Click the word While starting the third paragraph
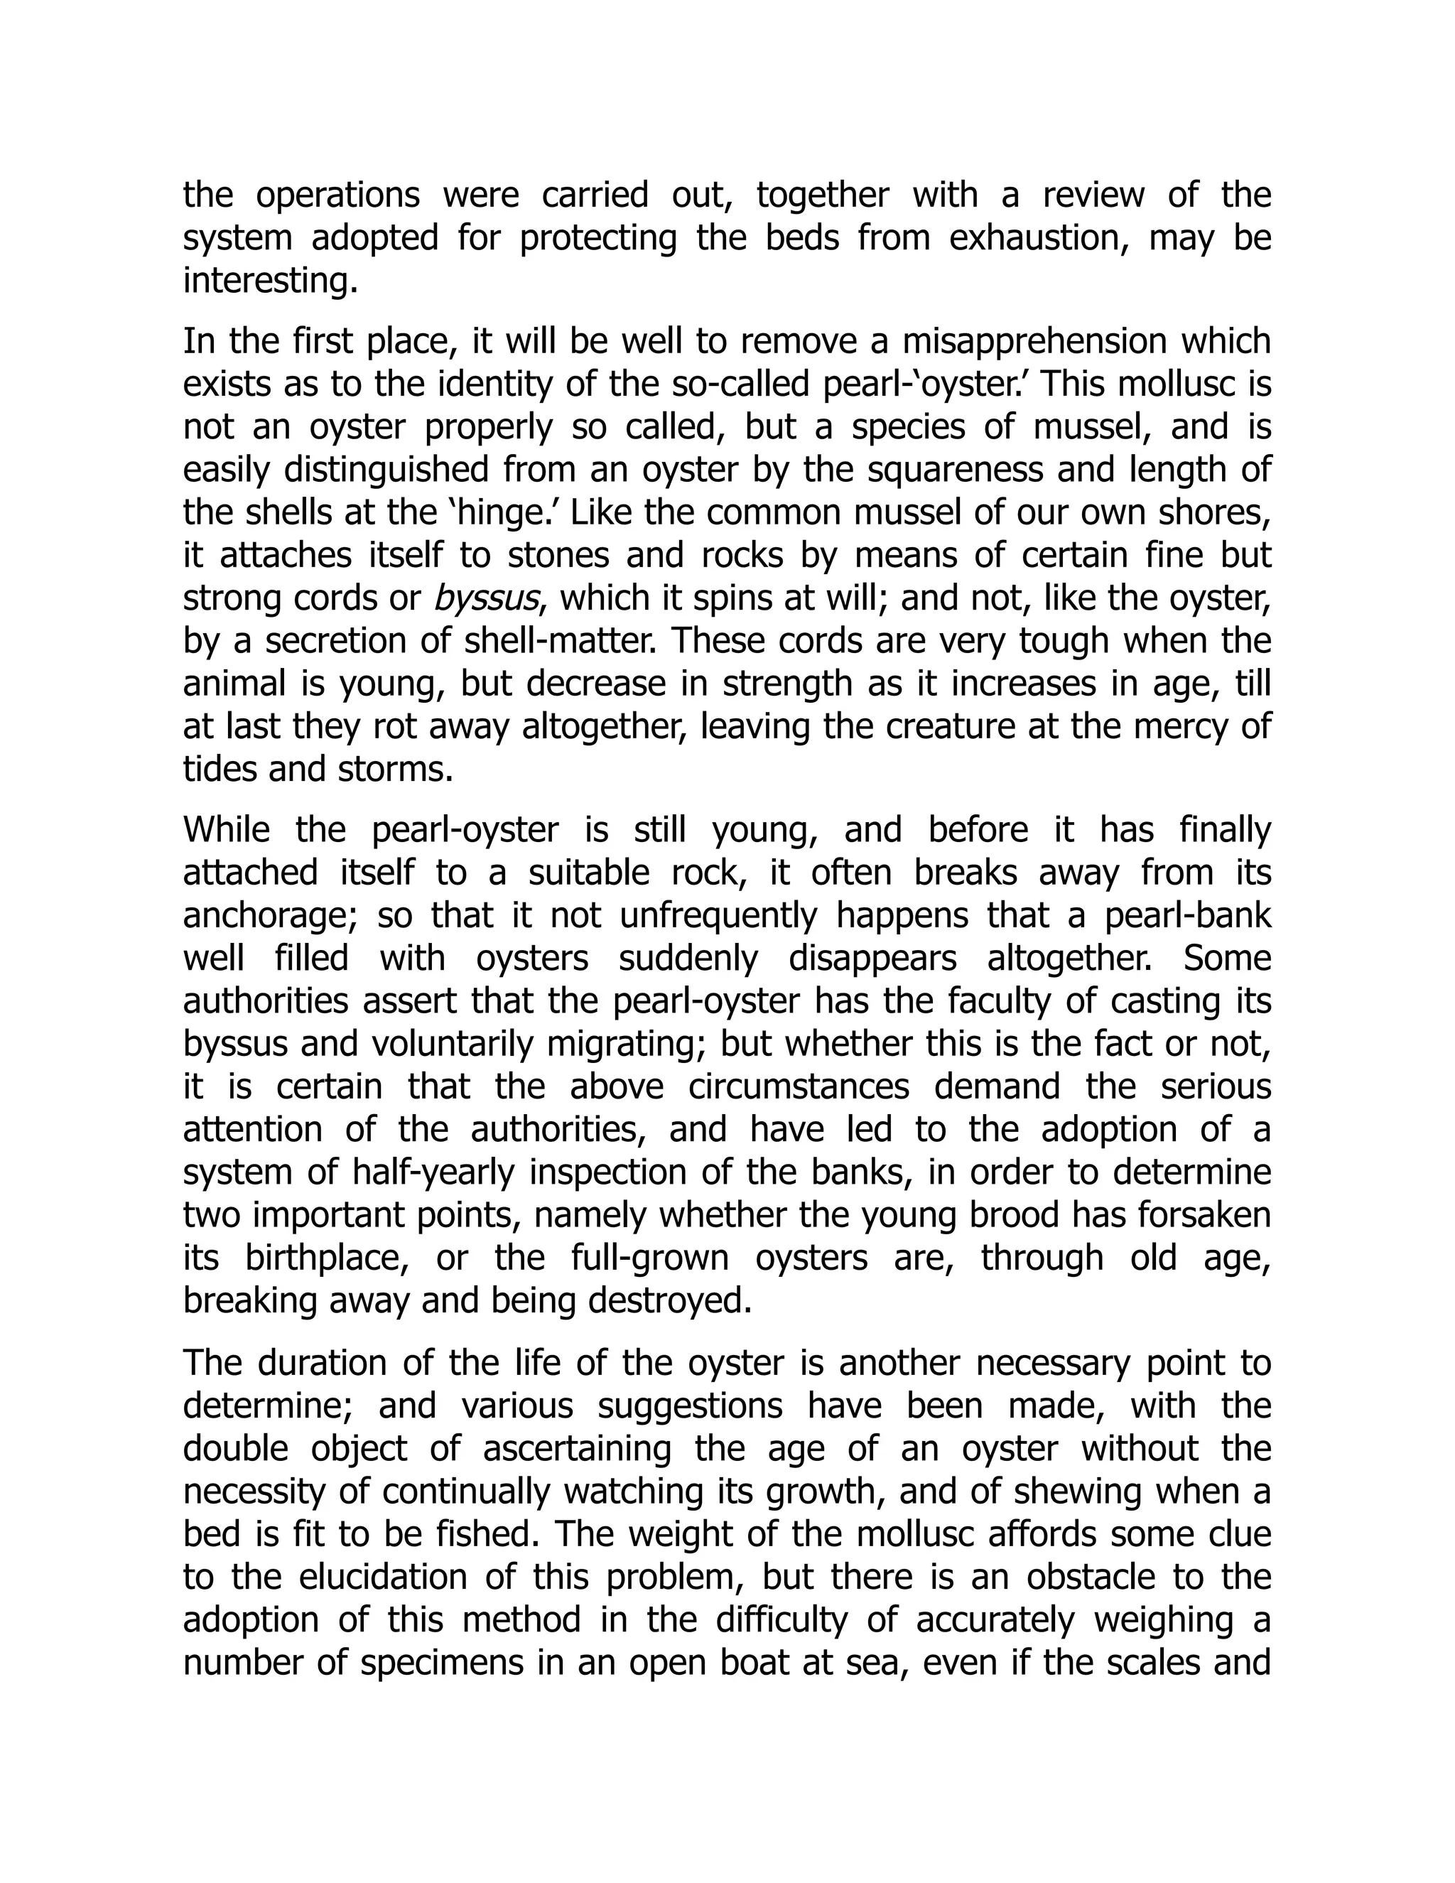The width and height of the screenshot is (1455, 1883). [226, 830]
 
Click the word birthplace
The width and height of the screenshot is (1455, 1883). [327, 1258]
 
